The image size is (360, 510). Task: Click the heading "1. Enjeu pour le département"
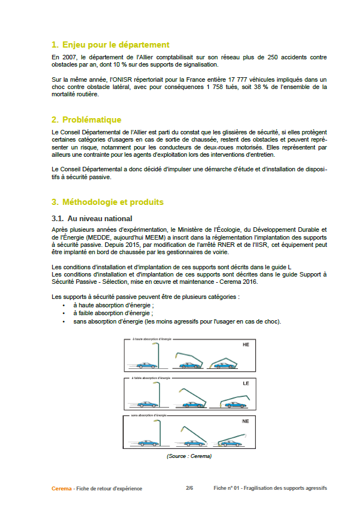110,45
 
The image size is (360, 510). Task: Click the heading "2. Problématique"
86,120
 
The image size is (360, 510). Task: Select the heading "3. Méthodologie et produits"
107,202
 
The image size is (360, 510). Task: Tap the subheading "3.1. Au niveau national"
92,218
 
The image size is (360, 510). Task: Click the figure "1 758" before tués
217,87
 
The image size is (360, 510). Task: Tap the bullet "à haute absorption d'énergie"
105,306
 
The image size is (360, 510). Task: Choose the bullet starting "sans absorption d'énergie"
177,321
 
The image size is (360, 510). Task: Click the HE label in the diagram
245,345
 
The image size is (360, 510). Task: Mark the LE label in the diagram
245,384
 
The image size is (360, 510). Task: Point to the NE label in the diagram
245,421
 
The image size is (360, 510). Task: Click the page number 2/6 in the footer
190,488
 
